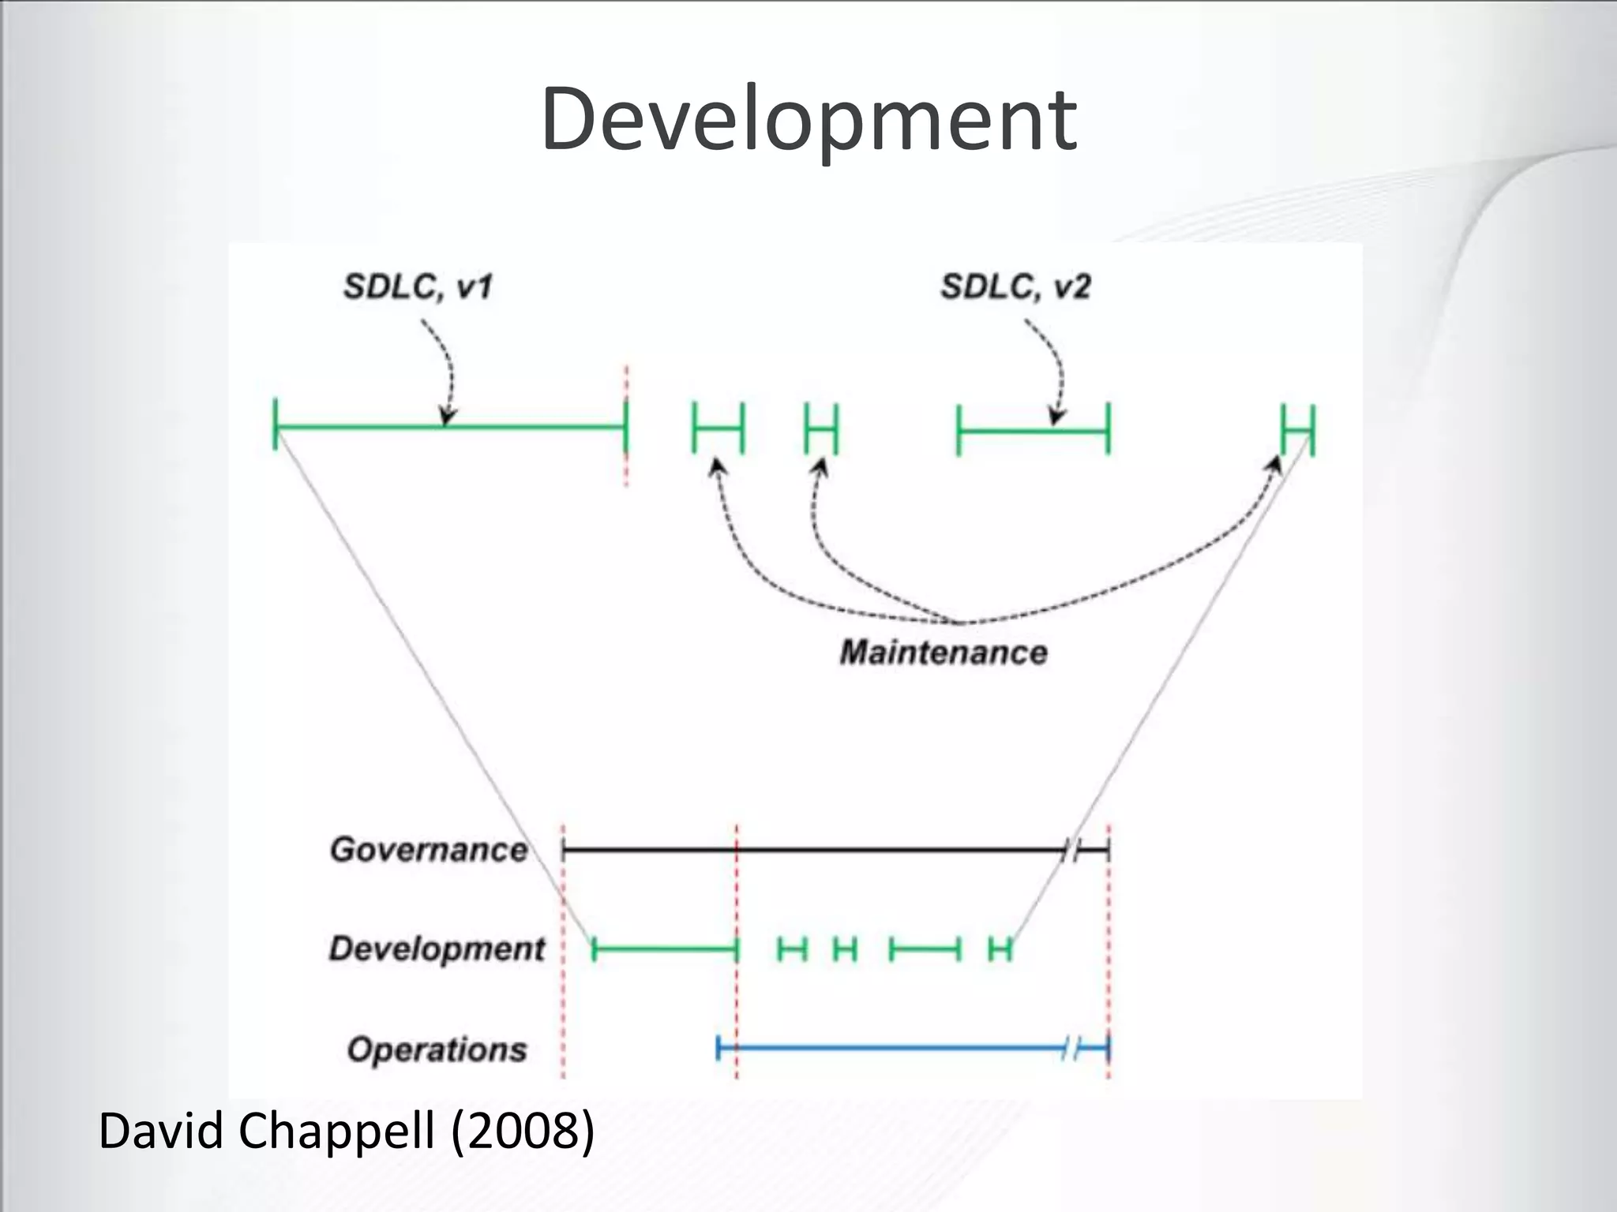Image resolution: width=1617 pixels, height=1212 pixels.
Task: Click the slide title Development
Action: pos(808,120)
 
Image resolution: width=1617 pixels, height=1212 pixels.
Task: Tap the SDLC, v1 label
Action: pos(418,286)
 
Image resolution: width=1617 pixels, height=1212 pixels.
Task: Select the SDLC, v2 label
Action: pos(1015,286)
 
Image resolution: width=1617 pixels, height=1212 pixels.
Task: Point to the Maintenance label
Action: pos(944,653)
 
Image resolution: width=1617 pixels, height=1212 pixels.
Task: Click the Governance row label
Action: pos(429,850)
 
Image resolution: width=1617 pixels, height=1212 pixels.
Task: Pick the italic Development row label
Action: pos(437,948)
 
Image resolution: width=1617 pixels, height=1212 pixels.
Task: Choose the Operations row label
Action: pos(437,1049)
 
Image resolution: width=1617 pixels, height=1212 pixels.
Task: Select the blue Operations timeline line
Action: pos(892,1049)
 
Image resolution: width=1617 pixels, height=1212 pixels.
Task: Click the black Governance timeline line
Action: pos(813,850)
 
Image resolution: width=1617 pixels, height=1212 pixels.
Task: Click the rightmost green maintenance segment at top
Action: pos(1298,431)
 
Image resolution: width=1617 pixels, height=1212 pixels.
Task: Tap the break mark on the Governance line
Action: pos(1071,851)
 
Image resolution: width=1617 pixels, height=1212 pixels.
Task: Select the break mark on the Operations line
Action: pos(1071,1049)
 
